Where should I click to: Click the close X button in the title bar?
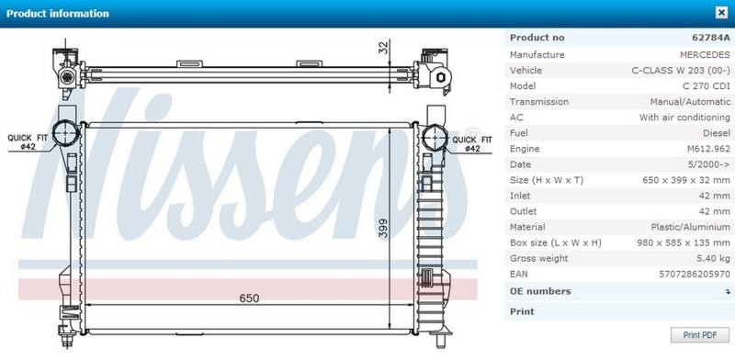pos(721,13)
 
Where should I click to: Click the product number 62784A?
pos(710,38)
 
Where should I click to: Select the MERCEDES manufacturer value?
pos(705,55)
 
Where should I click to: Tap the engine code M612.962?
pos(708,149)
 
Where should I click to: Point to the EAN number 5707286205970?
pos(695,274)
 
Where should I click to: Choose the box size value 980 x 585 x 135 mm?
pos(683,242)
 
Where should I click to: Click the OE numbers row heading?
pos(540,291)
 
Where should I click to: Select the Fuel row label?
pos(520,133)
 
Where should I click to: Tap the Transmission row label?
pos(539,102)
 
